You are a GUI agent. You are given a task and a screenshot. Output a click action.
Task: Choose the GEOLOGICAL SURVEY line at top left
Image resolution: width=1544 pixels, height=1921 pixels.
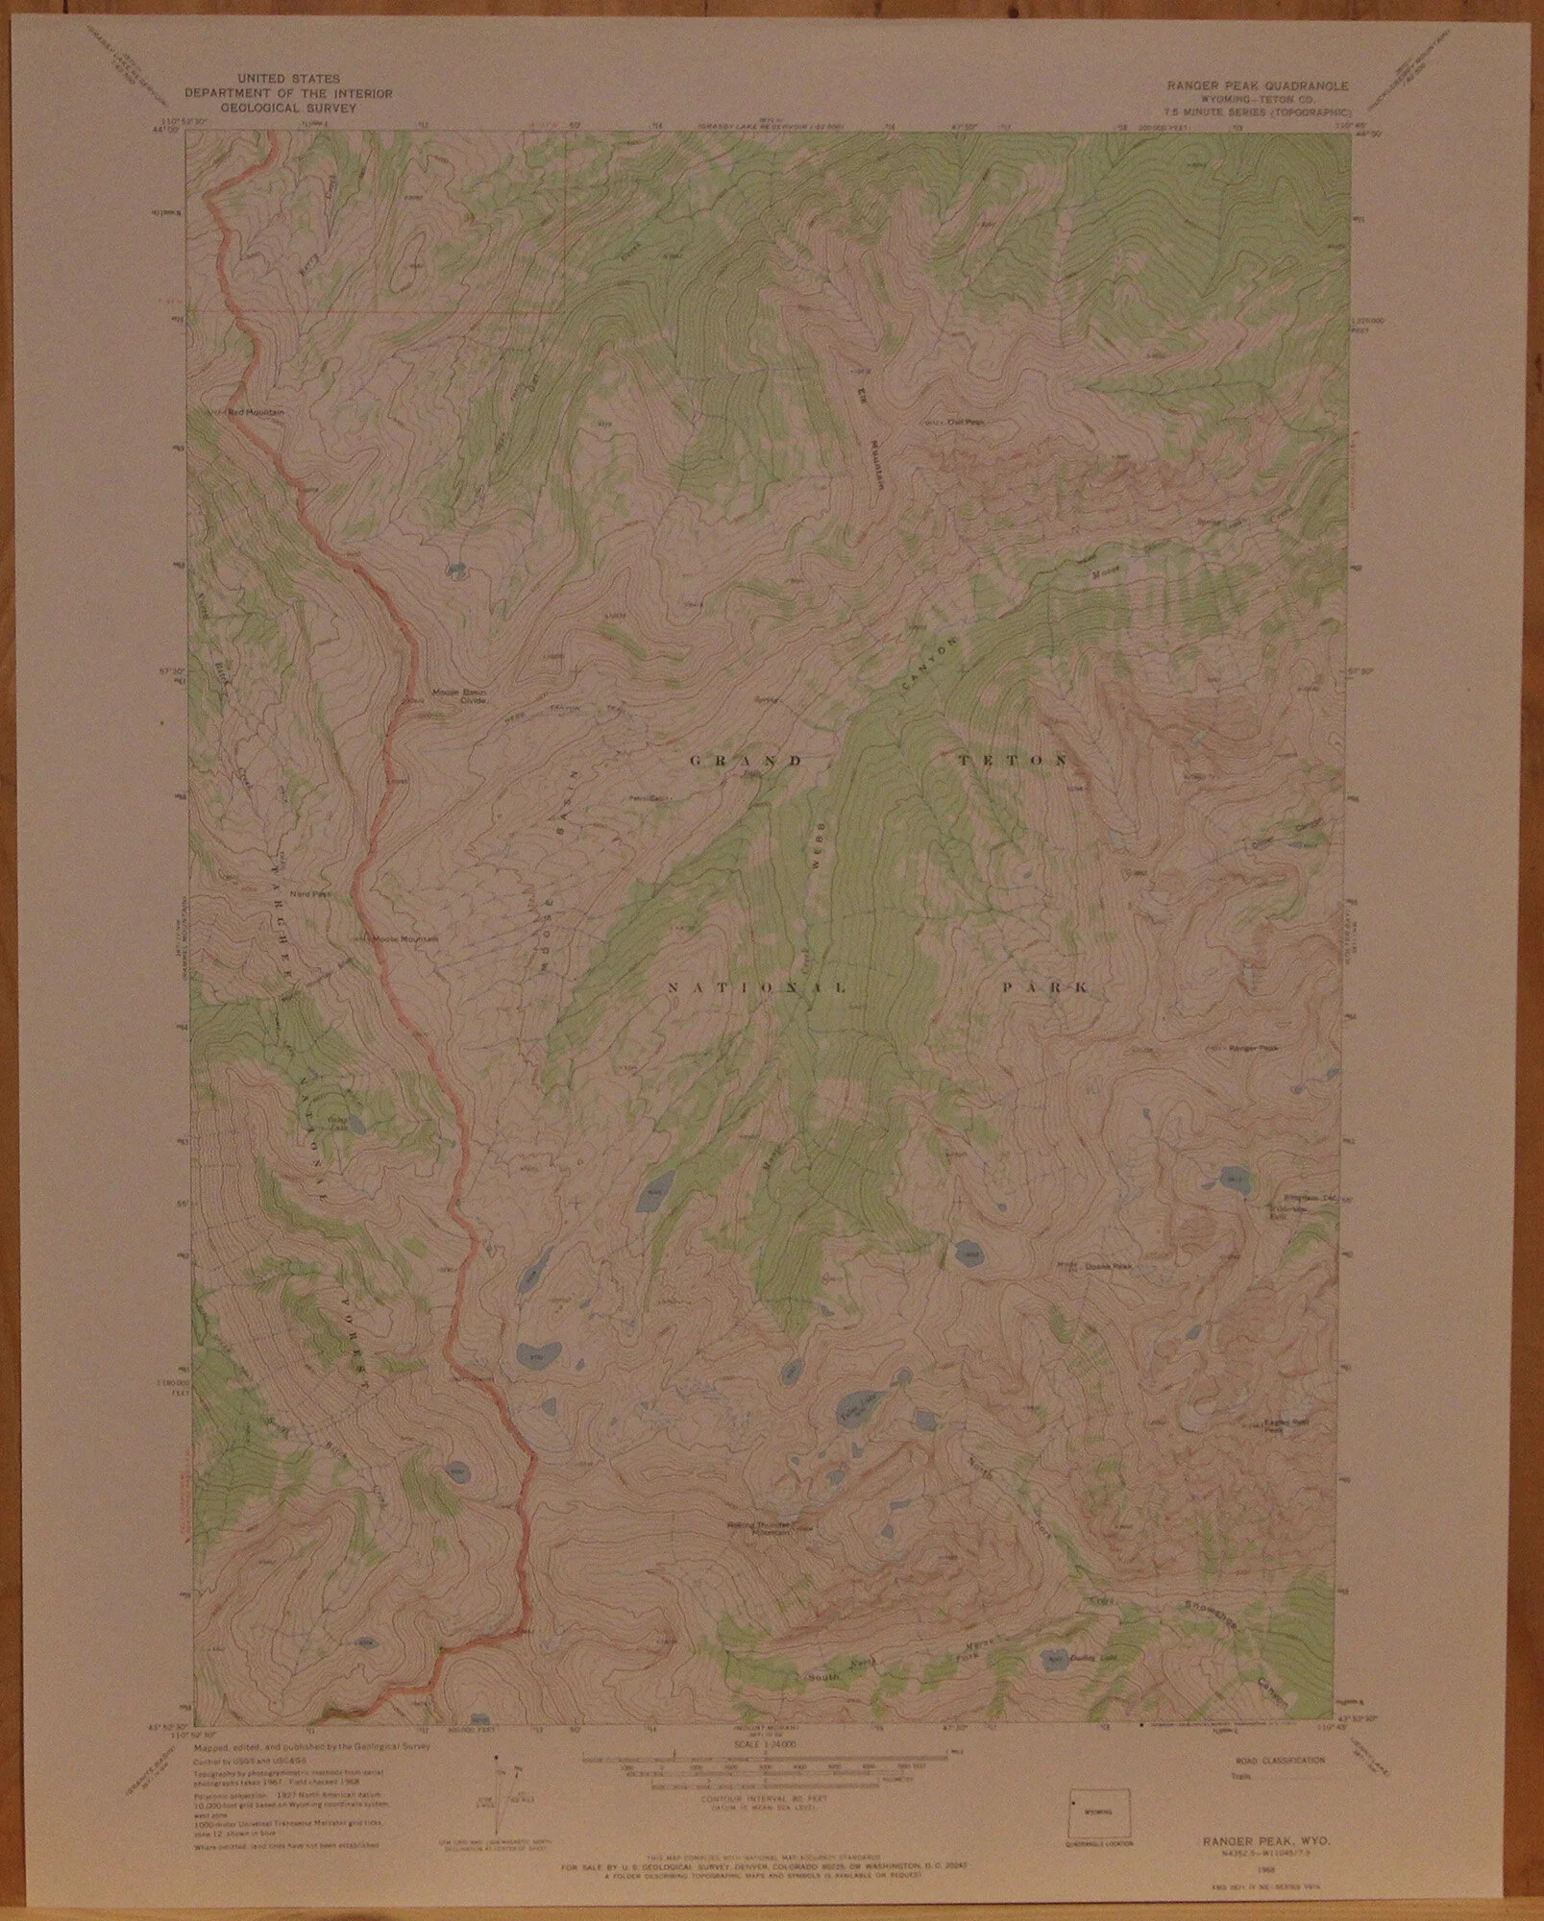tap(269, 109)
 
